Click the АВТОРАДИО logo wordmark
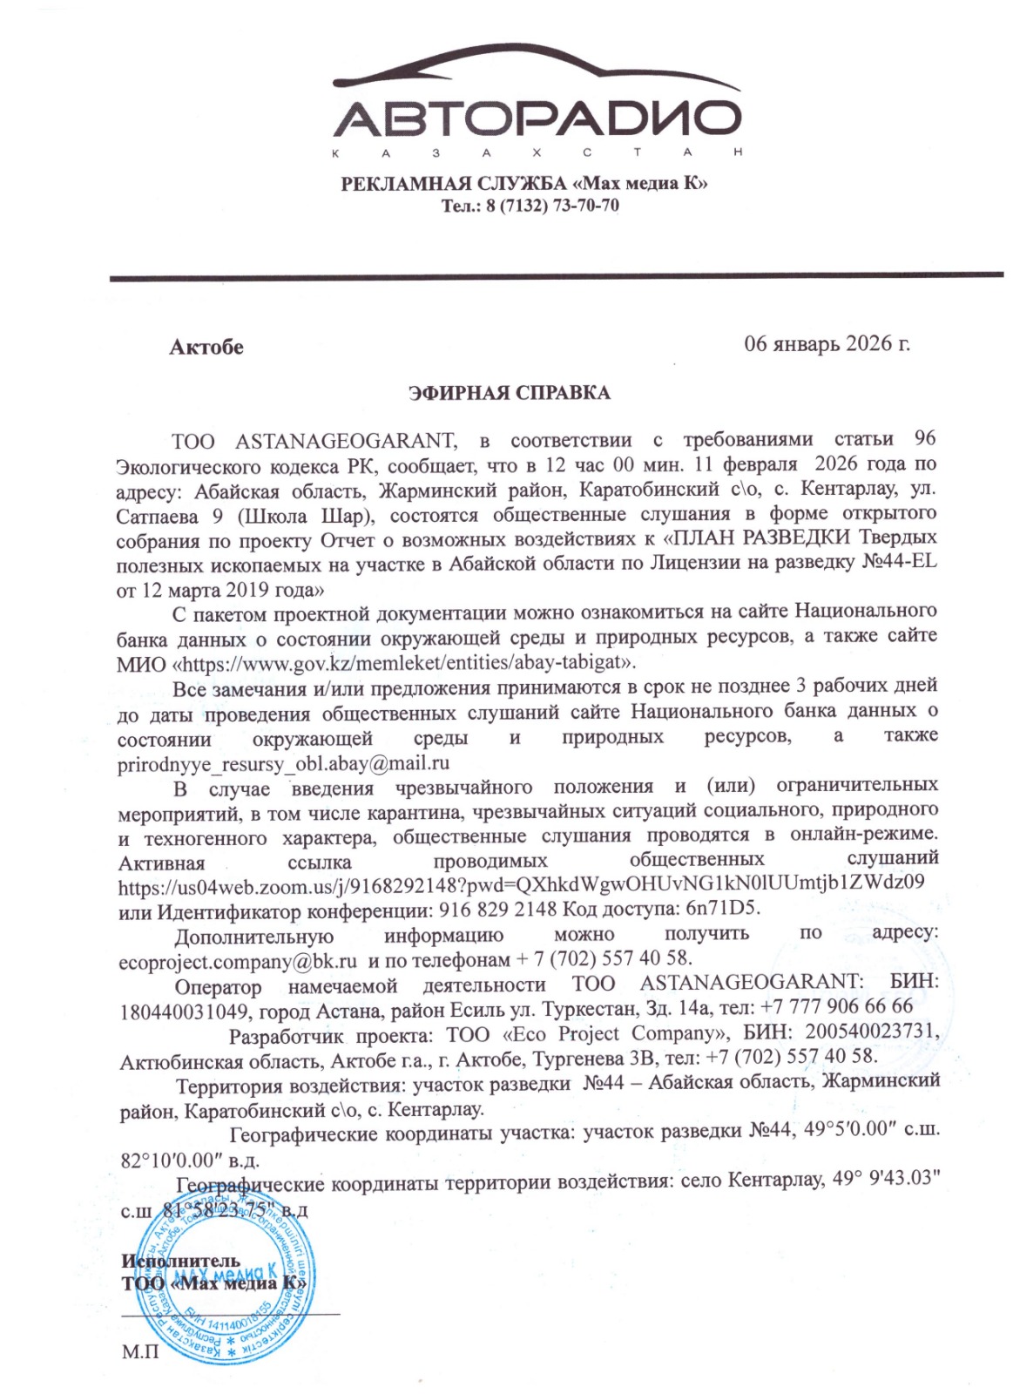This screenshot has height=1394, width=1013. pyautogui.click(x=537, y=118)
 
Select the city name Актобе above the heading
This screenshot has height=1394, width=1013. pyautogui.click(x=206, y=347)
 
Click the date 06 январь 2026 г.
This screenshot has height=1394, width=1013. pyautogui.click(x=826, y=343)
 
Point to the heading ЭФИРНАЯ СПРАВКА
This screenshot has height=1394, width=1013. pyautogui.click(x=510, y=393)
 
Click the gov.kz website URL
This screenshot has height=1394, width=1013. pyautogui.click(x=404, y=662)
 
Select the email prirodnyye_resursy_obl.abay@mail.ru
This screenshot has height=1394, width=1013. pyautogui.click(x=284, y=763)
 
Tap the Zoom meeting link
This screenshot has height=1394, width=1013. pyautogui.click(x=521, y=886)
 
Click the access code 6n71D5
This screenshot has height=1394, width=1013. pyautogui.click(x=722, y=910)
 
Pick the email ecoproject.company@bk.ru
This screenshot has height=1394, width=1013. pyautogui.click(x=238, y=961)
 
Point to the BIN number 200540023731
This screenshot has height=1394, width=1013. pyautogui.click(x=871, y=1032)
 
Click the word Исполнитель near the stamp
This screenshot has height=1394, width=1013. pyautogui.click(x=181, y=1261)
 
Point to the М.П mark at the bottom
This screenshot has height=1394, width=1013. pyautogui.click(x=141, y=1352)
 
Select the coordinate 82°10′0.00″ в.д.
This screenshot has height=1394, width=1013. pyautogui.click(x=189, y=1161)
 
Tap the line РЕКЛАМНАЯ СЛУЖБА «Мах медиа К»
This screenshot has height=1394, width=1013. pyautogui.click(x=523, y=184)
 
